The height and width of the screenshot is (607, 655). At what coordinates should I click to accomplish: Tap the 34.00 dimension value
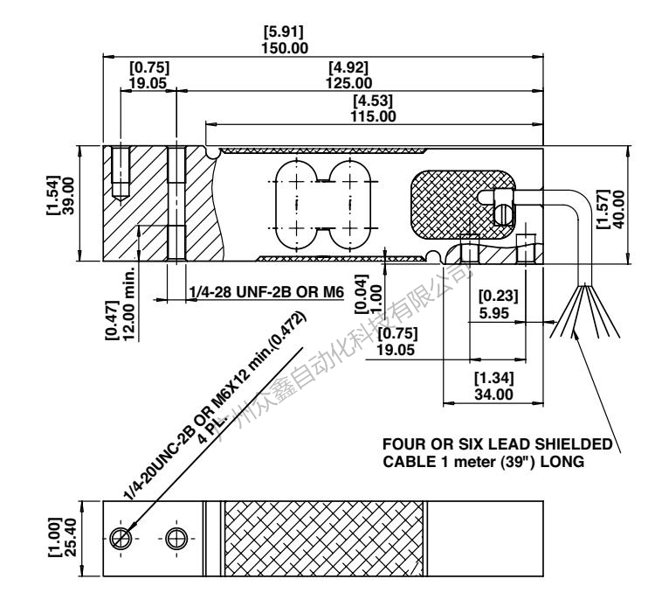493,395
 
